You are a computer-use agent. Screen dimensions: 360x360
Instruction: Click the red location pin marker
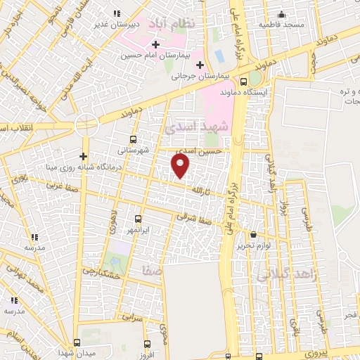[x=181, y=166]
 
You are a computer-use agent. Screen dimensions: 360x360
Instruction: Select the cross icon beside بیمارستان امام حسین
[x=155, y=44]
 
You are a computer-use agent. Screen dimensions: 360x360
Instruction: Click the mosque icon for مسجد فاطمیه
[x=282, y=15]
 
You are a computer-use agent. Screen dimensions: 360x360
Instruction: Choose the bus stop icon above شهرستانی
[x=134, y=139]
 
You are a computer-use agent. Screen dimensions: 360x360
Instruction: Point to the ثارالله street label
[x=202, y=191]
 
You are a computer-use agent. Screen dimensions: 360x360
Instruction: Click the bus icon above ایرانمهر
[x=138, y=219]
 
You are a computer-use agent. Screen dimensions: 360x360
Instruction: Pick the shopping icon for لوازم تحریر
[x=253, y=235]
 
